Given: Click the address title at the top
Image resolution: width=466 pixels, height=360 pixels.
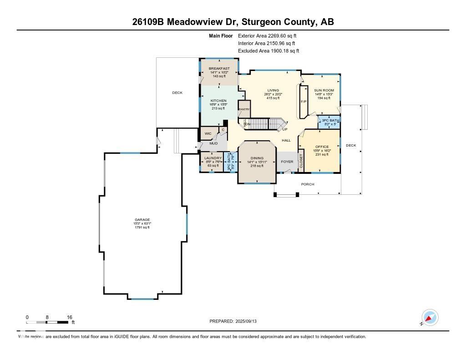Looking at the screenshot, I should (233, 22).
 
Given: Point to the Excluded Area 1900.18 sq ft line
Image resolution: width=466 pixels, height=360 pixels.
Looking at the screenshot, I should (268, 51).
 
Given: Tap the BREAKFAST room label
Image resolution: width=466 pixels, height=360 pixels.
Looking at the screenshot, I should (219, 68).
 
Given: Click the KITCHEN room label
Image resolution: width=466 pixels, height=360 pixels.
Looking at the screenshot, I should (218, 101).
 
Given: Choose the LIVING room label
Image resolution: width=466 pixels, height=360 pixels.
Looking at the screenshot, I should (273, 91).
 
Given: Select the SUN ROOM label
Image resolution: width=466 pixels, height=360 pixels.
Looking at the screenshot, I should (324, 91).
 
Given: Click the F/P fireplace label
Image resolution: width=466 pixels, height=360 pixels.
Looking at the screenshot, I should (304, 101).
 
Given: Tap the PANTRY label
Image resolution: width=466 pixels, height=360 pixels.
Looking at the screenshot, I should (244, 109).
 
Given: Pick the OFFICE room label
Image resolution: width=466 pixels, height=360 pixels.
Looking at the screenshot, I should (322, 147).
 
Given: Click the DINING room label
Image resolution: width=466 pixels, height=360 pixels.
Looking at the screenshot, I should (257, 158).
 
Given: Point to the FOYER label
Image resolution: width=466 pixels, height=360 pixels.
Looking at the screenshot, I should (287, 162).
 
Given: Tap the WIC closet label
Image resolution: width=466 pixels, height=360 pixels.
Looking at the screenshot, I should (208, 134).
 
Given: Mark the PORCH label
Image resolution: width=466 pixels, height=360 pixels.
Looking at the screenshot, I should (308, 184).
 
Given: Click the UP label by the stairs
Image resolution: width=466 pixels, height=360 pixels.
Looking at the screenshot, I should (285, 129).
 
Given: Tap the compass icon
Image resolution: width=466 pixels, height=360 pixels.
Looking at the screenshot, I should (430, 317).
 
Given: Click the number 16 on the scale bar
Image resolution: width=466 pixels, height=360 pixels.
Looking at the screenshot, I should (70, 317).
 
